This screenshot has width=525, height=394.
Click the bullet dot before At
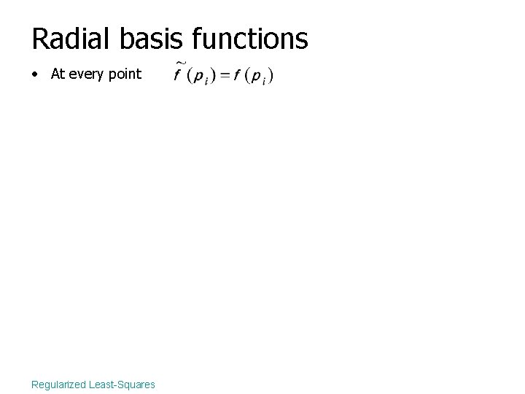coord(36,74)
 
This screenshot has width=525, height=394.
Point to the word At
coord(58,74)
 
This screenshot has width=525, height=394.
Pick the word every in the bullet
coord(87,74)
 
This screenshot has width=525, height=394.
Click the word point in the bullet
coord(125,74)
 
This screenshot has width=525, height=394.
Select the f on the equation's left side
coord(177,76)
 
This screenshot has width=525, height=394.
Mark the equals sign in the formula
coord(225,76)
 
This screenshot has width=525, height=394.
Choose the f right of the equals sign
coord(236,76)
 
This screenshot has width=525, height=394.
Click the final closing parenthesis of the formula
coord(271,76)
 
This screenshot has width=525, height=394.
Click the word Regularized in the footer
coord(58,384)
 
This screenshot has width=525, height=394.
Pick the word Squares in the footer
coord(136,384)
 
